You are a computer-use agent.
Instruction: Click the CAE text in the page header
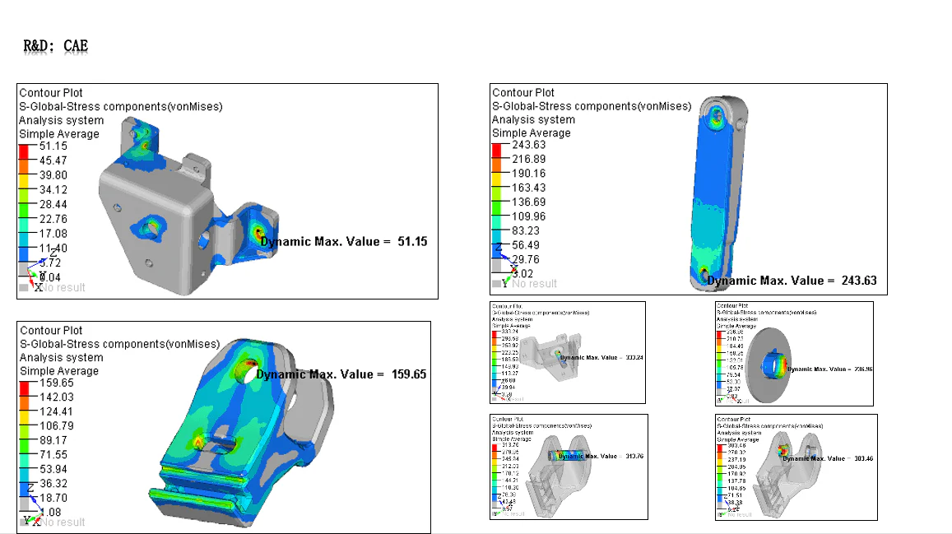(x=76, y=46)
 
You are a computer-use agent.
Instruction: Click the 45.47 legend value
(x=53, y=160)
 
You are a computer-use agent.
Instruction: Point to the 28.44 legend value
(x=53, y=204)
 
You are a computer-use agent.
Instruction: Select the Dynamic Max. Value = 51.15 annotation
(x=344, y=241)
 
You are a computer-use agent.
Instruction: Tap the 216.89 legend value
(x=528, y=159)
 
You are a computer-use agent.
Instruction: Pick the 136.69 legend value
(x=528, y=202)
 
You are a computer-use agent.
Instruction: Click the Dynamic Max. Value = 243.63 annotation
(x=792, y=281)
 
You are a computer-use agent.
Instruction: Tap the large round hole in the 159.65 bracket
(x=248, y=369)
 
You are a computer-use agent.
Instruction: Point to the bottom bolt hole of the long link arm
(x=703, y=273)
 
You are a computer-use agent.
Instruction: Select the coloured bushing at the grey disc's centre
(x=776, y=363)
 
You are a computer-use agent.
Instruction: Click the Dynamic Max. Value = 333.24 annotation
(x=599, y=358)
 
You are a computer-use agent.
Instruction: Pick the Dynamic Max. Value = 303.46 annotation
(x=828, y=458)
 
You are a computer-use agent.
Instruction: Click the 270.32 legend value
(x=736, y=453)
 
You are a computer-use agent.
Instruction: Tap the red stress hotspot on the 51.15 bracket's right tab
(x=258, y=232)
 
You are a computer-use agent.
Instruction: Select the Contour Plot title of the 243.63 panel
(x=523, y=93)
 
